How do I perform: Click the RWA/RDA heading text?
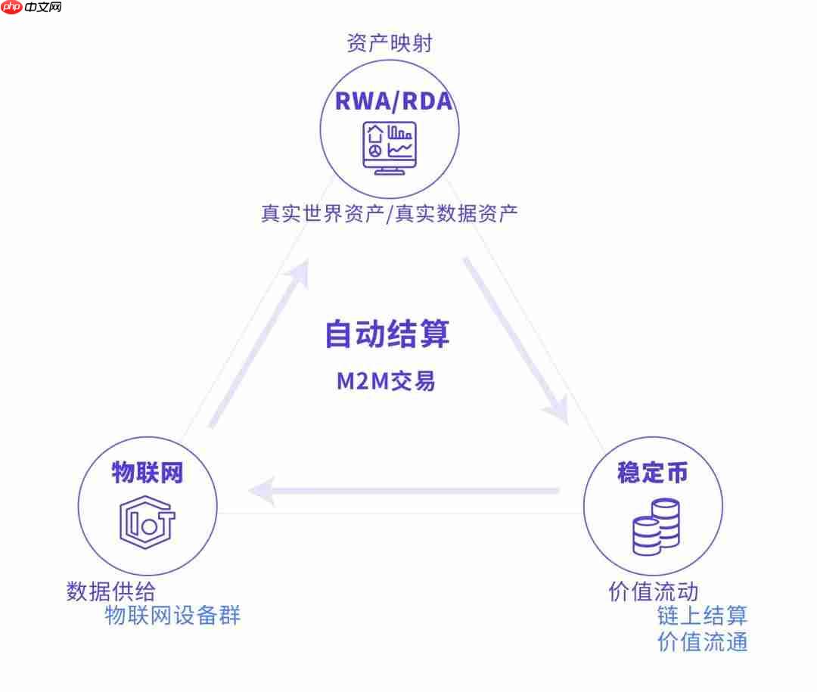(x=393, y=101)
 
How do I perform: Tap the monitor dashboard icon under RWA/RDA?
(x=390, y=148)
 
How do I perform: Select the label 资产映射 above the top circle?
(x=390, y=42)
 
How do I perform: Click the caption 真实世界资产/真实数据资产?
(x=390, y=213)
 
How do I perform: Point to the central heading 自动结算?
(x=387, y=334)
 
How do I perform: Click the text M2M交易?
(x=386, y=381)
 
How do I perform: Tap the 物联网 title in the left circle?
(x=148, y=473)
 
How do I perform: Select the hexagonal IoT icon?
(x=147, y=522)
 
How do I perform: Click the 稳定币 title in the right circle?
(x=653, y=473)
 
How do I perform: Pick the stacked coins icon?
(x=657, y=527)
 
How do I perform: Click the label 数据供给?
(x=111, y=591)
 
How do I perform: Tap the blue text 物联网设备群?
(x=172, y=616)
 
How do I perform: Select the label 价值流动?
(x=654, y=591)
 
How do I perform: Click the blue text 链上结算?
(x=702, y=616)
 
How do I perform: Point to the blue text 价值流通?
(x=702, y=641)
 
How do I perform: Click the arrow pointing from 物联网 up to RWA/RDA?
(x=259, y=344)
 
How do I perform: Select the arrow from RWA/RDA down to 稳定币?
(x=516, y=340)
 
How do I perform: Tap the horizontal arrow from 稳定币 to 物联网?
(x=404, y=490)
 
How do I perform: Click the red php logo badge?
(x=11, y=7)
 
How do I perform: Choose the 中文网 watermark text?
(x=42, y=7)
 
